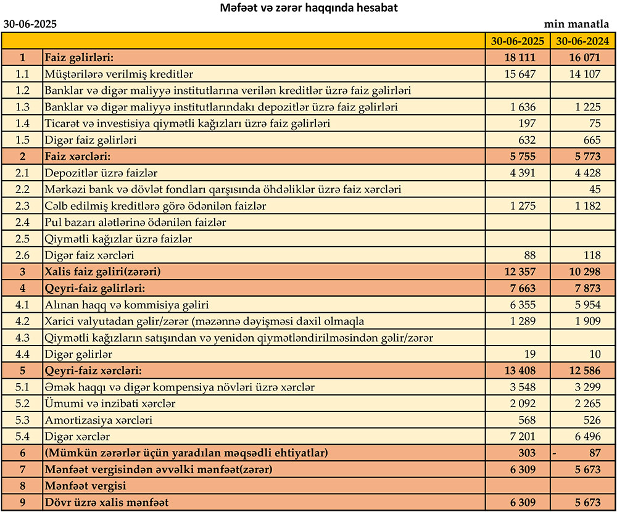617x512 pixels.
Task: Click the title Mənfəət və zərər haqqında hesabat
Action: [x=308, y=9]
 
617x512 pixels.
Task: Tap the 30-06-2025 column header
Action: [x=518, y=41]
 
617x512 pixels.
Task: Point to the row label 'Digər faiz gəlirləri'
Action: [x=91, y=140]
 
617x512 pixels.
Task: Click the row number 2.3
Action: [x=23, y=205]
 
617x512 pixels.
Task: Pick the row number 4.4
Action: [x=23, y=354]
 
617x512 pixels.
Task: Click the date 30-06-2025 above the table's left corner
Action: [x=30, y=24]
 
